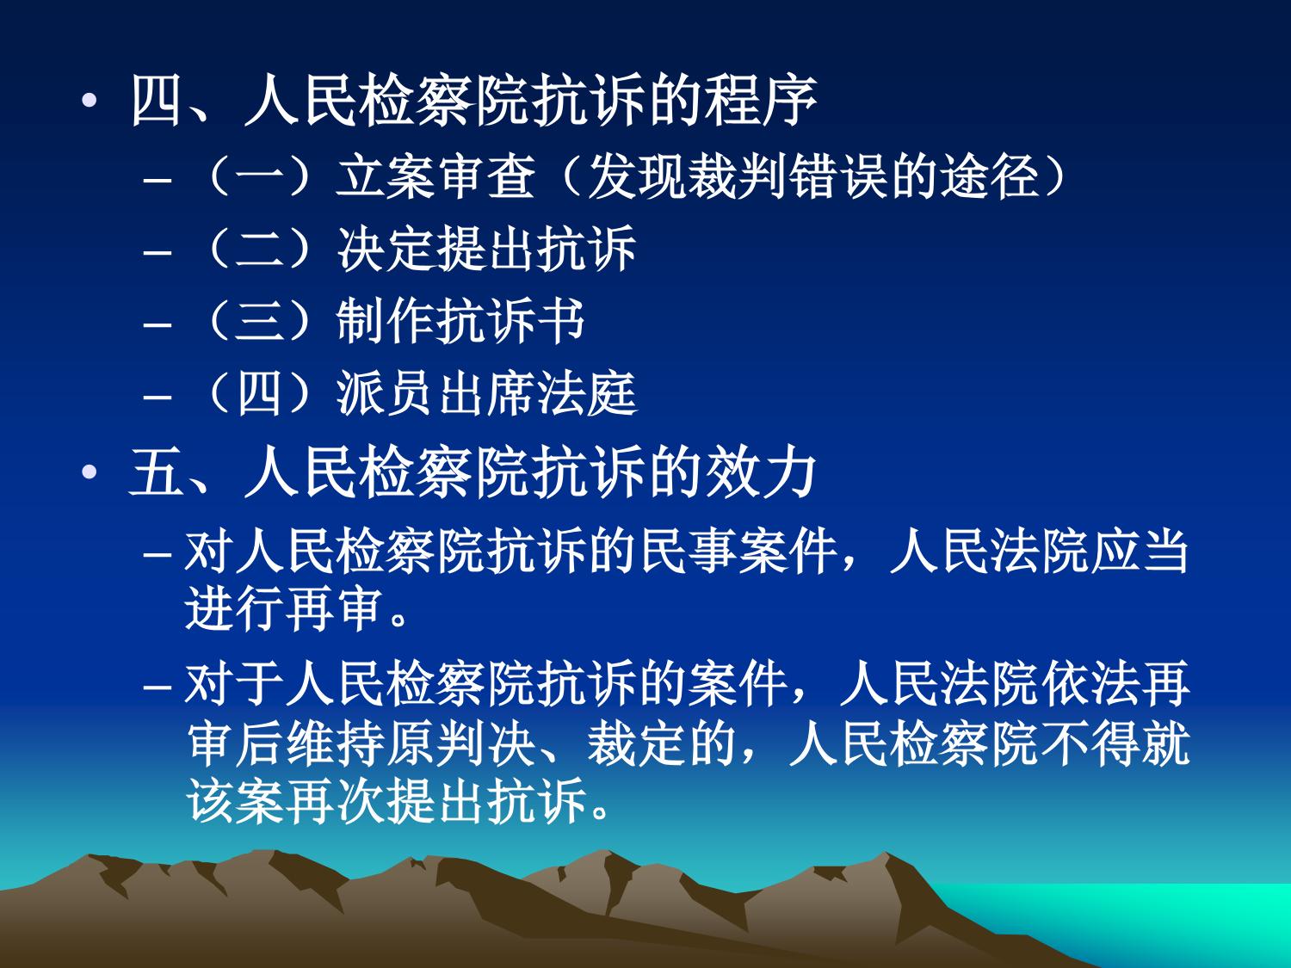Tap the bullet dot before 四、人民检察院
90,101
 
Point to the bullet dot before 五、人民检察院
90,472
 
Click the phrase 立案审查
435,176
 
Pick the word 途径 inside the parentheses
991,176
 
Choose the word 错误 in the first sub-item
838,176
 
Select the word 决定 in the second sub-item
386,249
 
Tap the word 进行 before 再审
235,608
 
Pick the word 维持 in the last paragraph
336,743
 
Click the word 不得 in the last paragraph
1090,743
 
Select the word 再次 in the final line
336,800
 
